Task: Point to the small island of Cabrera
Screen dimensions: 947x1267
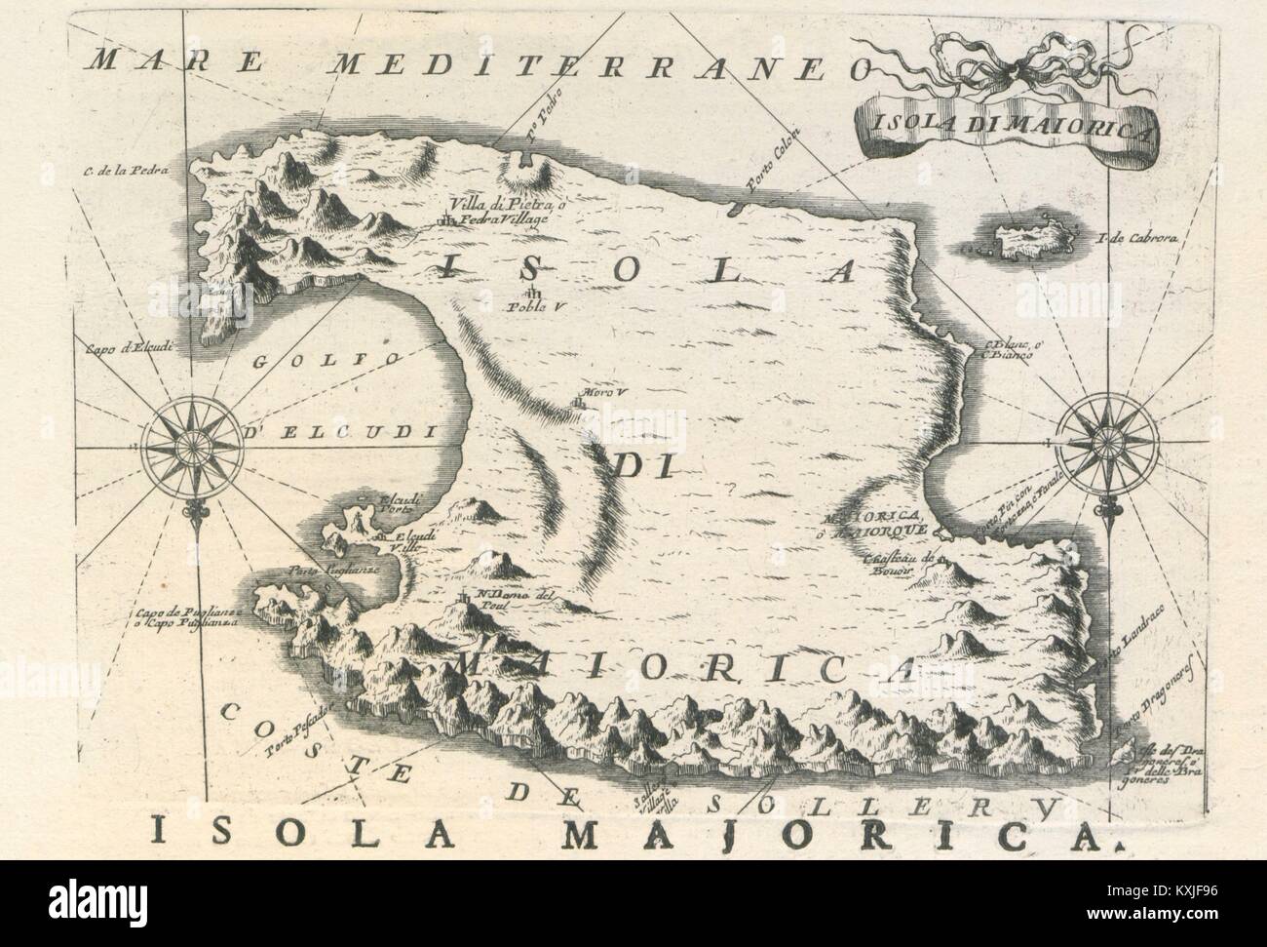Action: (x=1022, y=240)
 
